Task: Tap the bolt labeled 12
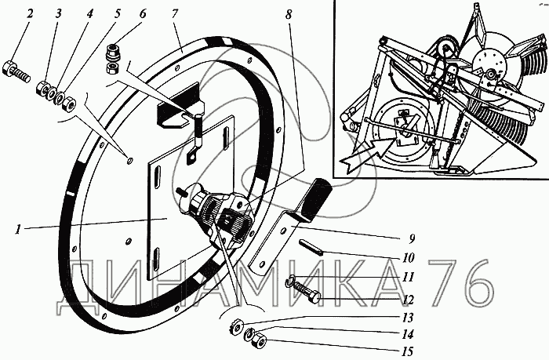[x=305, y=296]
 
